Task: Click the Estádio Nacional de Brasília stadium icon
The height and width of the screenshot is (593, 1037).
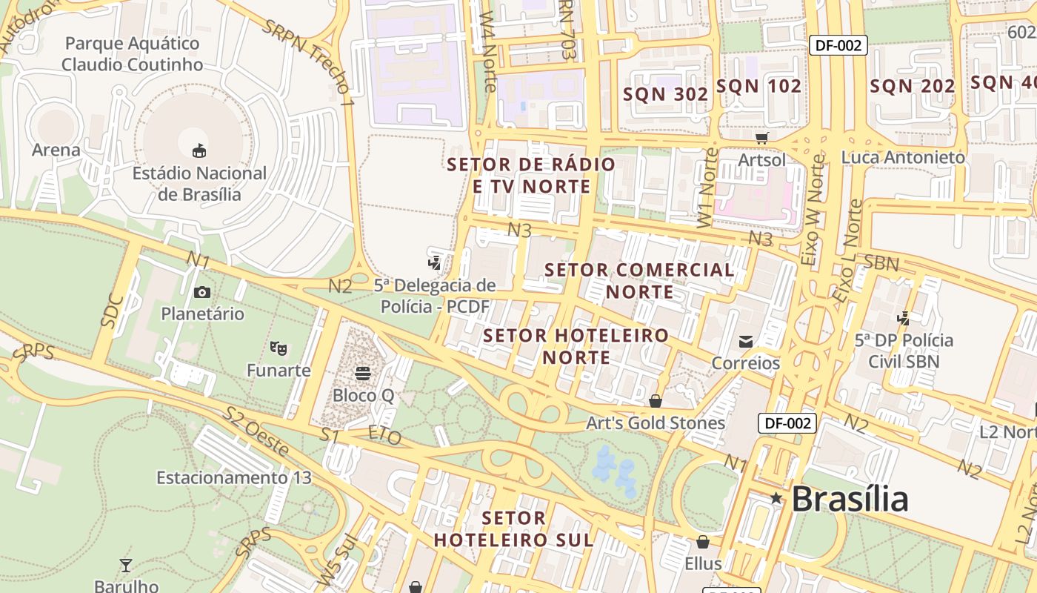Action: click(199, 151)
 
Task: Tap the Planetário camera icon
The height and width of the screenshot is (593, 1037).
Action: click(202, 292)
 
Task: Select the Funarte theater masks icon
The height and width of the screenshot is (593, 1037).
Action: click(279, 347)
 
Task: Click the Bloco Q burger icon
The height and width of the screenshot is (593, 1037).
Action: click(363, 373)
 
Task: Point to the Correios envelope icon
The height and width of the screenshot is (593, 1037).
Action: click(745, 341)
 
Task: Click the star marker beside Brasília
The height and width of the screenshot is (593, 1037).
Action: click(776, 498)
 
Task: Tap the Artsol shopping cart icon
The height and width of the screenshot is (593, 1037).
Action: click(761, 137)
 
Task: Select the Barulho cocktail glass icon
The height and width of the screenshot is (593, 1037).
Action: click(126, 566)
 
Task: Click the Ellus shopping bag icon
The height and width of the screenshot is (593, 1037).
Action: click(702, 542)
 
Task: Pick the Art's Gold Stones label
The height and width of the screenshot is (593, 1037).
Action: click(655, 423)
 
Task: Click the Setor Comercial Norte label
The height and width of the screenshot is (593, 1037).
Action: click(640, 281)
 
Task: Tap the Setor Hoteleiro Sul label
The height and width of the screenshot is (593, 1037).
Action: click(514, 529)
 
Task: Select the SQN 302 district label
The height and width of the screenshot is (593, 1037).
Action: click(665, 94)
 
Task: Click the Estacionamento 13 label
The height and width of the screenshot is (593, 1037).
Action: click(234, 477)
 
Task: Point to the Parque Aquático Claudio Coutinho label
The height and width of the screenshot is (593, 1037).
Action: click(132, 54)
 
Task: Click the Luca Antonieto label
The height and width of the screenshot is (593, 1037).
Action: click(903, 157)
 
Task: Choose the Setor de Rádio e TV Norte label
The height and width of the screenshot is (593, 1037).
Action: click(532, 175)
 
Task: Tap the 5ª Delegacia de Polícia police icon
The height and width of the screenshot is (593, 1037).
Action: click(435, 262)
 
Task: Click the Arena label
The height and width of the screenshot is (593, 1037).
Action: click(56, 150)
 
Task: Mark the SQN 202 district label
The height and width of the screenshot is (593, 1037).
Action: click(912, 86)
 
